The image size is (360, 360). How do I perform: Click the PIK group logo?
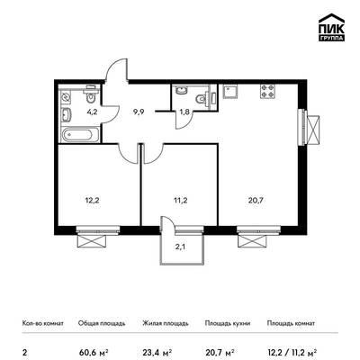coord(331,28)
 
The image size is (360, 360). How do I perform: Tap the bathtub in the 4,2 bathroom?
coord(80,135)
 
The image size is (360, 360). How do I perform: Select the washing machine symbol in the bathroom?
coord(66,97)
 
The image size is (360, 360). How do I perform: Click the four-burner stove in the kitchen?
coord(267,91)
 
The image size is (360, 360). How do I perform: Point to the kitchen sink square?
coord(230,92)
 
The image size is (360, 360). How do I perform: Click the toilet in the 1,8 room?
coord(203,99)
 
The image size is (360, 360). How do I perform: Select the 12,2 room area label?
coord(94,200)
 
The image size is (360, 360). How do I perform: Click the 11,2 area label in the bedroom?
coord(181,200)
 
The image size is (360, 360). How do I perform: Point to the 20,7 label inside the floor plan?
coord(256,200)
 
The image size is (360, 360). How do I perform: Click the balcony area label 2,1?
coord(182,247)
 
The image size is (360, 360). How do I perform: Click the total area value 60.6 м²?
coord(94,351)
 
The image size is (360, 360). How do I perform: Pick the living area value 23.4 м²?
coord(157,351)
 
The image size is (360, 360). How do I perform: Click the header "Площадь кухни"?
coord(228,323)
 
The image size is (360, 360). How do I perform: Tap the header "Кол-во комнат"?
coord(43,323)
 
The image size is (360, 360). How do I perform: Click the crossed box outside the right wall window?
coord(314,128)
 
